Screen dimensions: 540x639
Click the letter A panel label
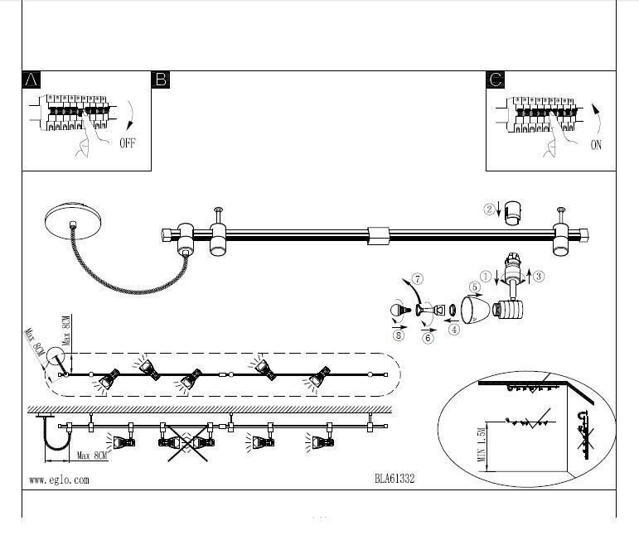[x=31, y=80]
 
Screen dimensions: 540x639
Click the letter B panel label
[x=161, y=80]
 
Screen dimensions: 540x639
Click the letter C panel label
[x=496, y=80]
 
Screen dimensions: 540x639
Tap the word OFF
[x=127, y=143]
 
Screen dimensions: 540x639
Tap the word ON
[x=596, y=145]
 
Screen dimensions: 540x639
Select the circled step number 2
[x=490, y=209]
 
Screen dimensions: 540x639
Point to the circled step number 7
[x=418, y=278]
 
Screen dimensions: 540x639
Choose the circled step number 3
[x=539, y=276]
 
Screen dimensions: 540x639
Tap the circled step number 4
[x=454, y=330]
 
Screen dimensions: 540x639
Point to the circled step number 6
[x=428, y=338]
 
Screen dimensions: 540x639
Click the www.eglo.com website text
[x=59, y=479]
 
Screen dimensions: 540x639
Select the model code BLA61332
[x=395, y=479]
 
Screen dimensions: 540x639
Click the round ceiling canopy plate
[x=75, y=223]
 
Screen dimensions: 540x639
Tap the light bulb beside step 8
[x=397, y=312]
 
